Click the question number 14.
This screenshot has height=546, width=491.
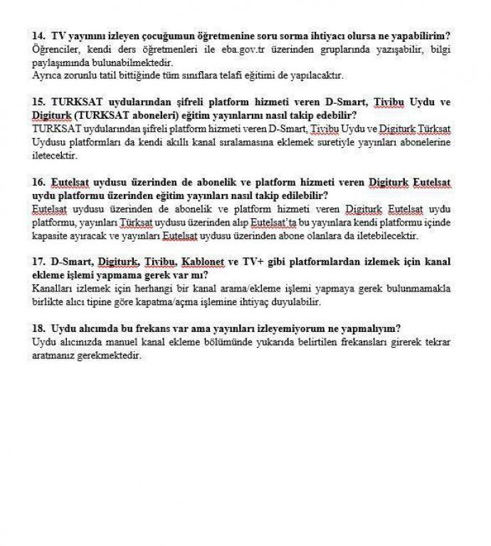coord(38,35)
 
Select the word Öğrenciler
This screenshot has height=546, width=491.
coord(57,50)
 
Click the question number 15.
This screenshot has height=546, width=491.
coord(38,102)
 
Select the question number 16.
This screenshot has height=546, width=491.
coord(38,182)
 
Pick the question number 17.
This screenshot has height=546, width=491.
coord(38,262)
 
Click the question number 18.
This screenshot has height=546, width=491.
coord(38,328)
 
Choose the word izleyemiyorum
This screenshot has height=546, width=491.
coord(285,328)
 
